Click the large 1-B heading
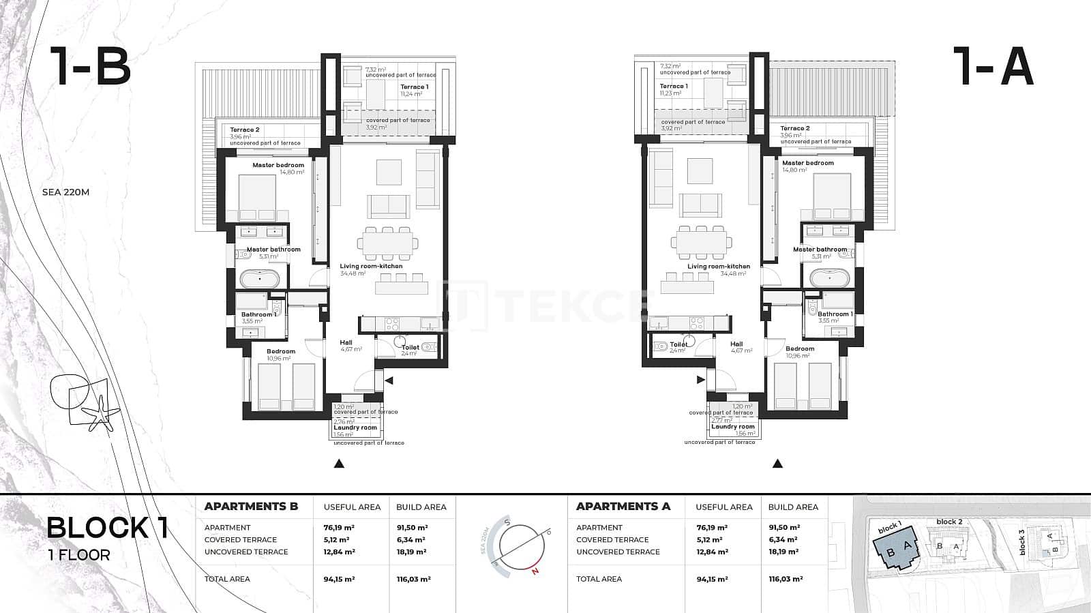point(89,66)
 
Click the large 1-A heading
point(996,66)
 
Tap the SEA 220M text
point(65,192)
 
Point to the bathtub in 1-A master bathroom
point(829,278)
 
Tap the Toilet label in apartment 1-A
point(678,345)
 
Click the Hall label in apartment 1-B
point(346,343)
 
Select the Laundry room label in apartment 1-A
point(733,427)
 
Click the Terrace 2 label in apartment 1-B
point(244,130)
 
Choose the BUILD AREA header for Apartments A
point(793,507)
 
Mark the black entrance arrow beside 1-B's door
point(389,380)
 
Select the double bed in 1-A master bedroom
point(832,195)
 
